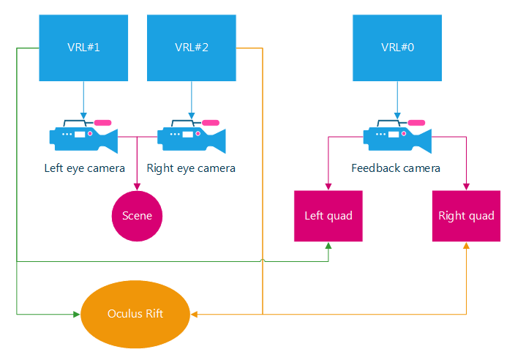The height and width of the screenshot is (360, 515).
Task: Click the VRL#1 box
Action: [x=83, y=48]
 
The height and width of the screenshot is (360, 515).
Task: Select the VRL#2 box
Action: [x=192, y=48]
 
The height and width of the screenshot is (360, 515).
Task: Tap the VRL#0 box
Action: [x=397, y=48]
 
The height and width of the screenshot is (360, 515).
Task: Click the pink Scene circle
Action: [x=137, y=216]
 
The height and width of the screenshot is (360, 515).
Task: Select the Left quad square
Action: [x=328, y=216]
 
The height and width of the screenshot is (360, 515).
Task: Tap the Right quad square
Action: [x=466, y=216]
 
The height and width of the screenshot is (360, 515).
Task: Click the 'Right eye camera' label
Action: [x=191, y=168]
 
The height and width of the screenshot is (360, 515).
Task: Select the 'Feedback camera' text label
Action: [x=396, y=168]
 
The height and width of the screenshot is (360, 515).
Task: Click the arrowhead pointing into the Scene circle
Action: [x=137, y=187]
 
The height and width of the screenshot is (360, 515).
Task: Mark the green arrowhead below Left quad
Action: [x=328, y=246]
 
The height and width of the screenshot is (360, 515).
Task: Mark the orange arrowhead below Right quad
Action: [x=466, y=246]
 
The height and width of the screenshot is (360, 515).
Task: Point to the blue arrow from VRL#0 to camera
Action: [x=397, y=99]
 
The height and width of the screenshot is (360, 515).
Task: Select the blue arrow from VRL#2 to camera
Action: [x=192, y=99]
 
